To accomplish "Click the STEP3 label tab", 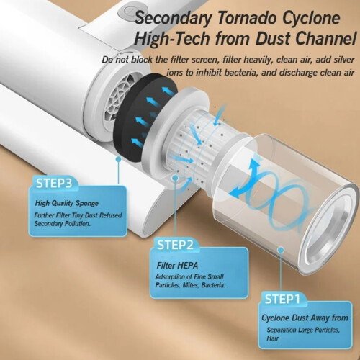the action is click(x=54, y=183).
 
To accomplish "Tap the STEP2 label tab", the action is click(x=175, y=245).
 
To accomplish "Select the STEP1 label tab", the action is click(x=282, y=299).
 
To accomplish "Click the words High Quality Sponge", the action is click(x=67, y=203).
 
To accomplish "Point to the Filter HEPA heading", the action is click(x=177, y=266).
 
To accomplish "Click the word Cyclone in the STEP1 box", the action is click(x=275, y=318).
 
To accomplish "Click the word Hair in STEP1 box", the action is click(x=273, y=338).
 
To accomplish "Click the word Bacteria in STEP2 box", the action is click(x=213, y=285).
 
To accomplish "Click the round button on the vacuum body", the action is click(x=127, y=11).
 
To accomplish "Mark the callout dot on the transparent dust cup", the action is click(x=281, y=251).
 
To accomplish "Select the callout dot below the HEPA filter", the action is click(x=175, y=178).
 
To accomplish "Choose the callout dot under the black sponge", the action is click(x=118, y=159).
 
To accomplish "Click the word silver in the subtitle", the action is click(x=343, y=60).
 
